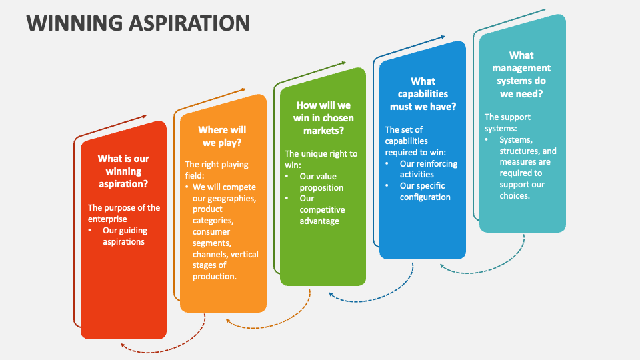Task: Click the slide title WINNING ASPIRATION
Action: pyautogui.click(x=138, y=23)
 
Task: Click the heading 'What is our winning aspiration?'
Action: pyautogui.click(x=123, y=171)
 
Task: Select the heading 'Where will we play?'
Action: pyautogui.click(x=222, y=136)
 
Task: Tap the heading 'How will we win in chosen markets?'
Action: pyautogui.click(x=323, y=117)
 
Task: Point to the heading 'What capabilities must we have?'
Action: pyautogui.click(x=423, y=94)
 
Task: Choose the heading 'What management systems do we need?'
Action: pyautogui.click(x=521, y=74)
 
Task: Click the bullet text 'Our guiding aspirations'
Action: pyautogui.click(x=125, y=236)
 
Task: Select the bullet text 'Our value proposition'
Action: pyautogui.click(x=321, y=182)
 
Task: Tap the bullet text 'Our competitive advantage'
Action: pyautogui.click(x=322, y=209)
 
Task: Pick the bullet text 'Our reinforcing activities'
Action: pyautogui.click(x=429, y=169)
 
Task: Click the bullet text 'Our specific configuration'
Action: pyautogui.click(x=425, y=191)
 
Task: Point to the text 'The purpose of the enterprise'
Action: pyautogui.click(x=124, y=213)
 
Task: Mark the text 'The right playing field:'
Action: pyautogui.click(x=217, y=170)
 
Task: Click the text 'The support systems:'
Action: pyautogui.click(x=507, y=123)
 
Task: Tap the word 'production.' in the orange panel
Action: pyautogui.click(x=214, y=276)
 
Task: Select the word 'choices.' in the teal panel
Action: pyautogui.click(x=515, y=196)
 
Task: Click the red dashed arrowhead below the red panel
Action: pyautogui.click(x=123, y=346)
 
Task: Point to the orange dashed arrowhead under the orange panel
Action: pyautogui.click(x=229, y=321)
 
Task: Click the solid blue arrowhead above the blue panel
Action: pyautogui.click(x=443, y=37)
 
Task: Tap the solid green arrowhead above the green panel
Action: pyautogui.click(x=344, y=63)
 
